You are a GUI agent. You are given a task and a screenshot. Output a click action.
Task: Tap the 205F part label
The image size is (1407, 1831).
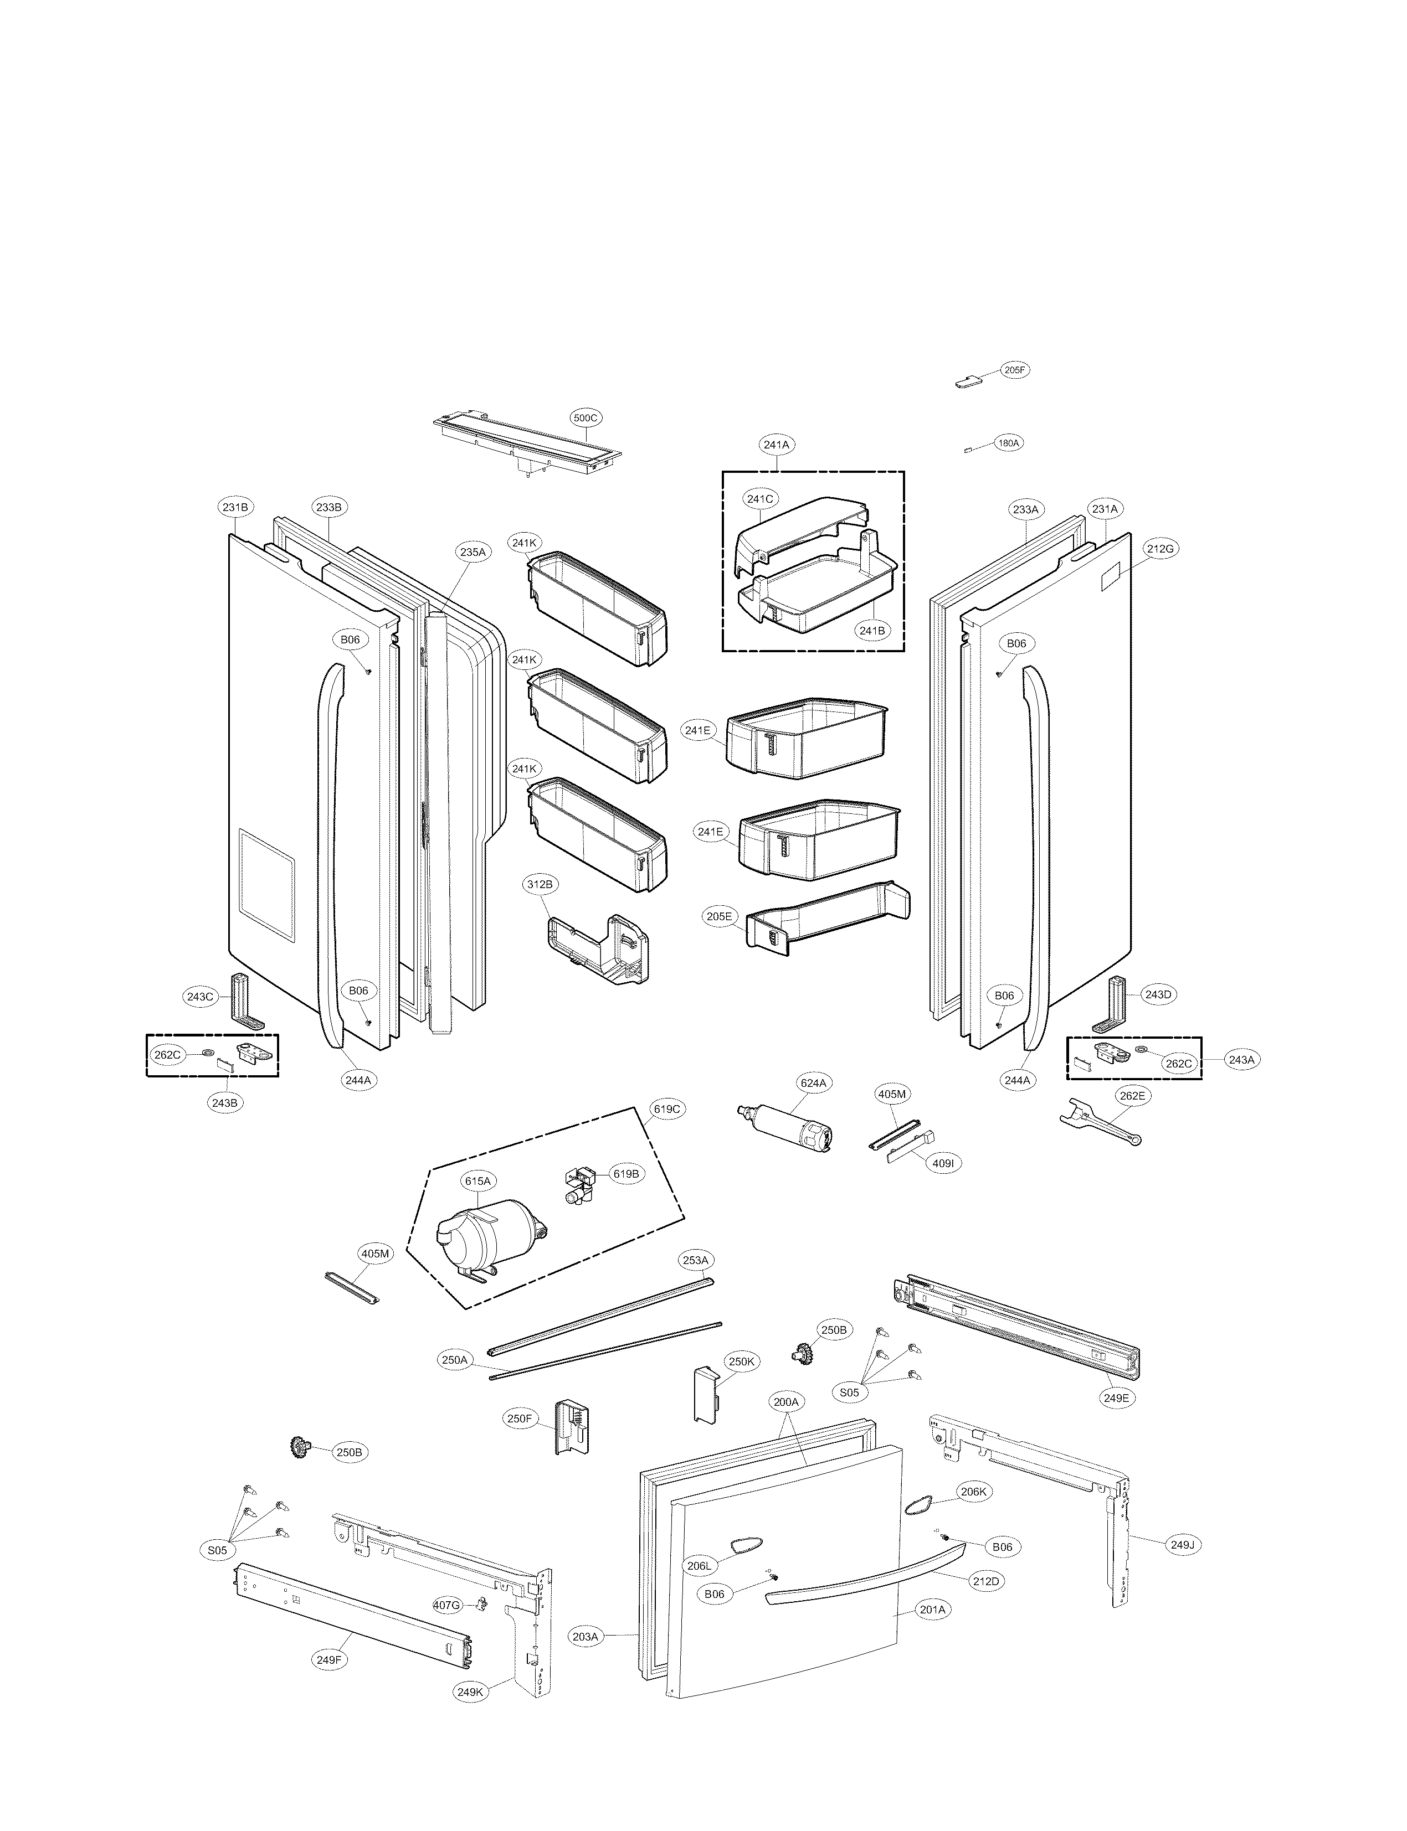click(1014, 370)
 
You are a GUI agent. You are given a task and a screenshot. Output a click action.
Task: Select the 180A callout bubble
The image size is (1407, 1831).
click(1008, 443)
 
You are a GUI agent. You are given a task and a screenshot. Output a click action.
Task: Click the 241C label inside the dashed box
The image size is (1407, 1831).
click(759, 499)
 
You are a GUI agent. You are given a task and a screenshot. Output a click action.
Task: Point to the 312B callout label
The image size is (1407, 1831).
click(540, 884)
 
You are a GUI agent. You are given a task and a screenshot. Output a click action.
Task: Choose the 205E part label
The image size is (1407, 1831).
click(718, 917)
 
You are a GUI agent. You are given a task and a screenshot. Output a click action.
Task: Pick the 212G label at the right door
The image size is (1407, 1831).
click(1161, 548)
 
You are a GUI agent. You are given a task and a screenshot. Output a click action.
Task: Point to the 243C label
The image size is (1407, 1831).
click(200, 996)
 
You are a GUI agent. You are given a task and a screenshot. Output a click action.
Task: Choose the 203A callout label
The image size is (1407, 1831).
click(586, 1659)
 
